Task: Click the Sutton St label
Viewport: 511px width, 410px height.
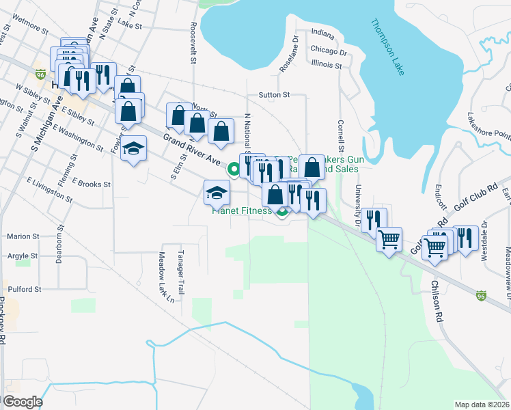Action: tap(274, 95)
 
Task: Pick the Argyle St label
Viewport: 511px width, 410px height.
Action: tap(23, 256)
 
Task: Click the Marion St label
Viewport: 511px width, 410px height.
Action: tap(23, 236)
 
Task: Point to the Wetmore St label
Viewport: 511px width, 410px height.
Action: tap(29, 30)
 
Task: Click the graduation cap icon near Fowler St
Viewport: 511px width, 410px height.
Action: tap(134, 149)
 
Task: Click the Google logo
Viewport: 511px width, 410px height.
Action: tap(23, 401)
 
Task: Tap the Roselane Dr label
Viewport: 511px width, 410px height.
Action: tap(290, 54)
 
